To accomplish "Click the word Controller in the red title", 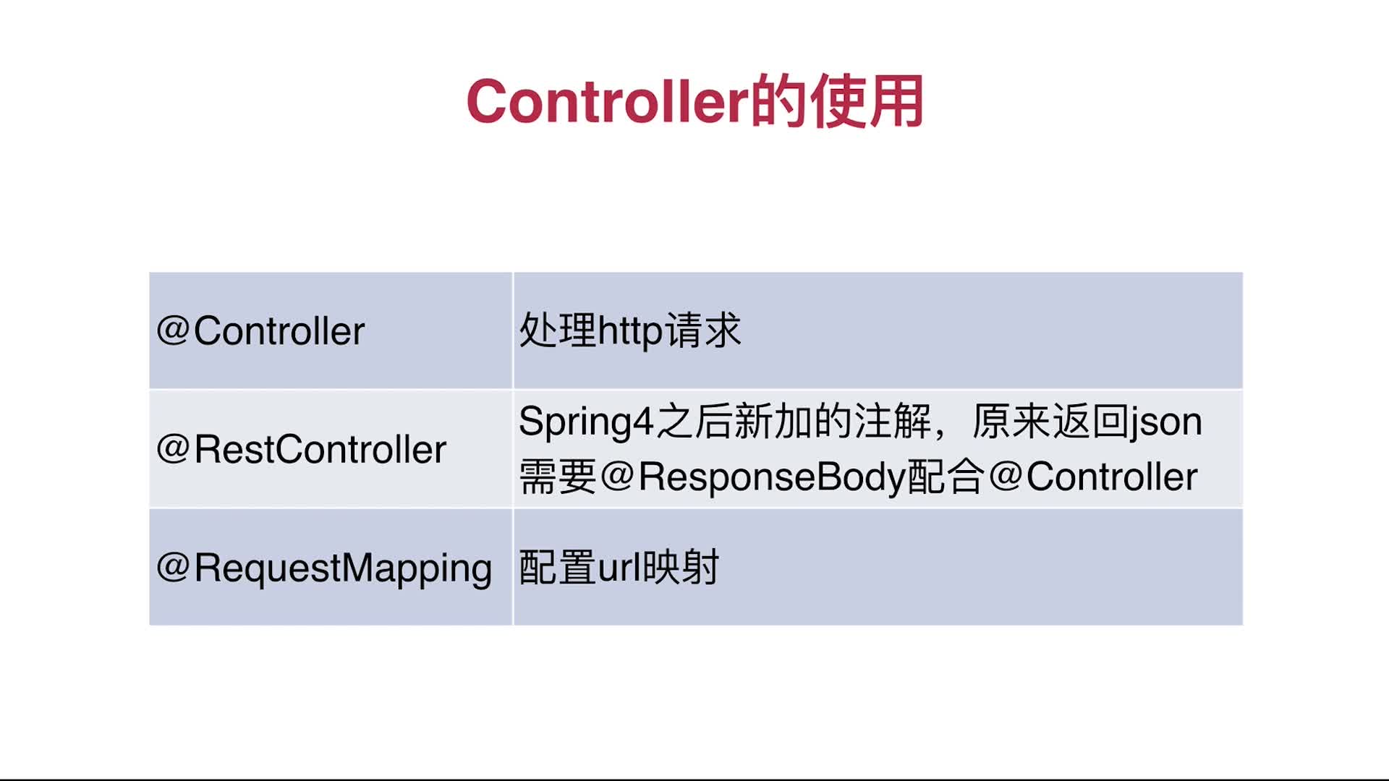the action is coord(607,101).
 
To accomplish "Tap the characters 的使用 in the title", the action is coord(836,101).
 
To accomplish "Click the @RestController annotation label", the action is coord(301,449).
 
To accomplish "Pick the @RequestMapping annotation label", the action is coord(324,568).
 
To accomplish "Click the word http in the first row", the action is coord(630,332).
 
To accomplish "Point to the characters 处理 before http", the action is coord(558,330).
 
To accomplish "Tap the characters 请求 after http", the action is coord(703,330).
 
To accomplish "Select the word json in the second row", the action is coord(1167,422).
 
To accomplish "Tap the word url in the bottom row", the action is coord(620,567).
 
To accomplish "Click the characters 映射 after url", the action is coord(681,567).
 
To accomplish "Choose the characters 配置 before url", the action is coord(558,567).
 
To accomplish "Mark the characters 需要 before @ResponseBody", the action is coord(558,477).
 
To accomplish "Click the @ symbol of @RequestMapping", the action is coord(174,567).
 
